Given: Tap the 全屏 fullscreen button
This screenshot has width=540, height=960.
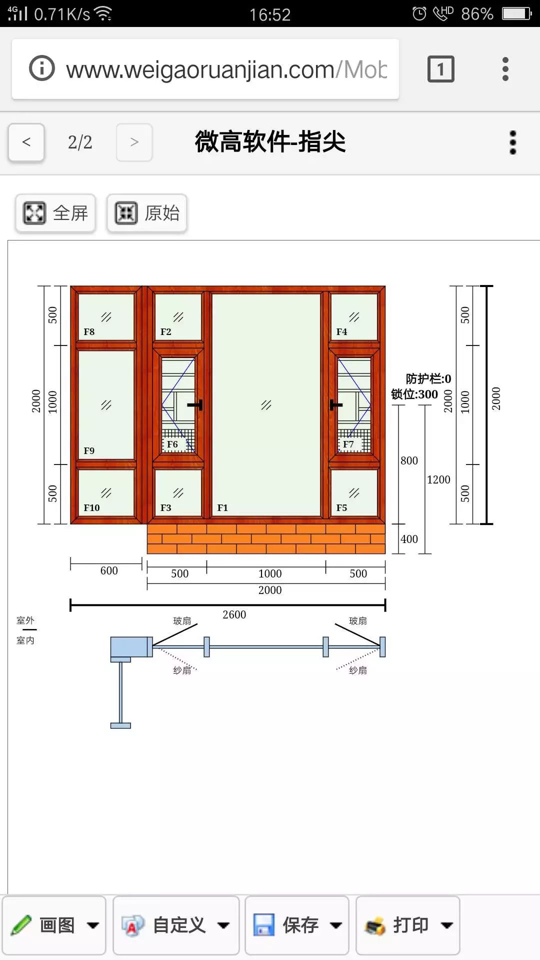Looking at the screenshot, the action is (x=55, y=213).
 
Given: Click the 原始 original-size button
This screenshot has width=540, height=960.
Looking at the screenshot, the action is (x=147, y=213).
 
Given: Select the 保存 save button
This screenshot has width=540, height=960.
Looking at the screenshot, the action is (x=297, y=925).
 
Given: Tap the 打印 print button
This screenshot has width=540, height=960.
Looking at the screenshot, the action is (x=408, y=925).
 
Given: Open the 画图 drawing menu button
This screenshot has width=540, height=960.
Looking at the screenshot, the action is (x=54, y=925).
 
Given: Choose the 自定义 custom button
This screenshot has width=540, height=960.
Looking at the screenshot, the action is (x=176, y=925).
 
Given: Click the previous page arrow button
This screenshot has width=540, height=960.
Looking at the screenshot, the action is (x=26, y=142).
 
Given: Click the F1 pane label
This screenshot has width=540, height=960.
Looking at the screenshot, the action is (x=222, y=508).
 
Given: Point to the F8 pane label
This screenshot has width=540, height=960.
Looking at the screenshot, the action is (x=89, y=332).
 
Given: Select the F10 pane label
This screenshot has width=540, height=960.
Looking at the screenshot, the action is (x=91, y=508).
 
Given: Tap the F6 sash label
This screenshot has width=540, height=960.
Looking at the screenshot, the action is (x=172, y=444).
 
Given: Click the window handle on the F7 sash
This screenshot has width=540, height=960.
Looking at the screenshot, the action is (x=335, y=404).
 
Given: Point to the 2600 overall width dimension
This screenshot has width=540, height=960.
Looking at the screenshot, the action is (x=234, y=614).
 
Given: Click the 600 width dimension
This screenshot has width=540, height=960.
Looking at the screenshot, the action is (x=109, y=571).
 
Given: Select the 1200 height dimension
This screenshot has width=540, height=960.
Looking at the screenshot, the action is (x=438, y=480).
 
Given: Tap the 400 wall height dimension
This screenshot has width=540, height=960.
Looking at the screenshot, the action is (x=409, y=539).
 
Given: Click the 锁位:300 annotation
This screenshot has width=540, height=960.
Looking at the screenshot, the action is (x=414, y=394).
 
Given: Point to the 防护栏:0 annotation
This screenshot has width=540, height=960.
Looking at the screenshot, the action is (x=428, y=379).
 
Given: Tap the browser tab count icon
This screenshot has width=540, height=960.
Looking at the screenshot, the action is (x=441, y=69).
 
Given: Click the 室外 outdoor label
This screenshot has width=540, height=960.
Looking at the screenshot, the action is (x=25, y=620).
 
